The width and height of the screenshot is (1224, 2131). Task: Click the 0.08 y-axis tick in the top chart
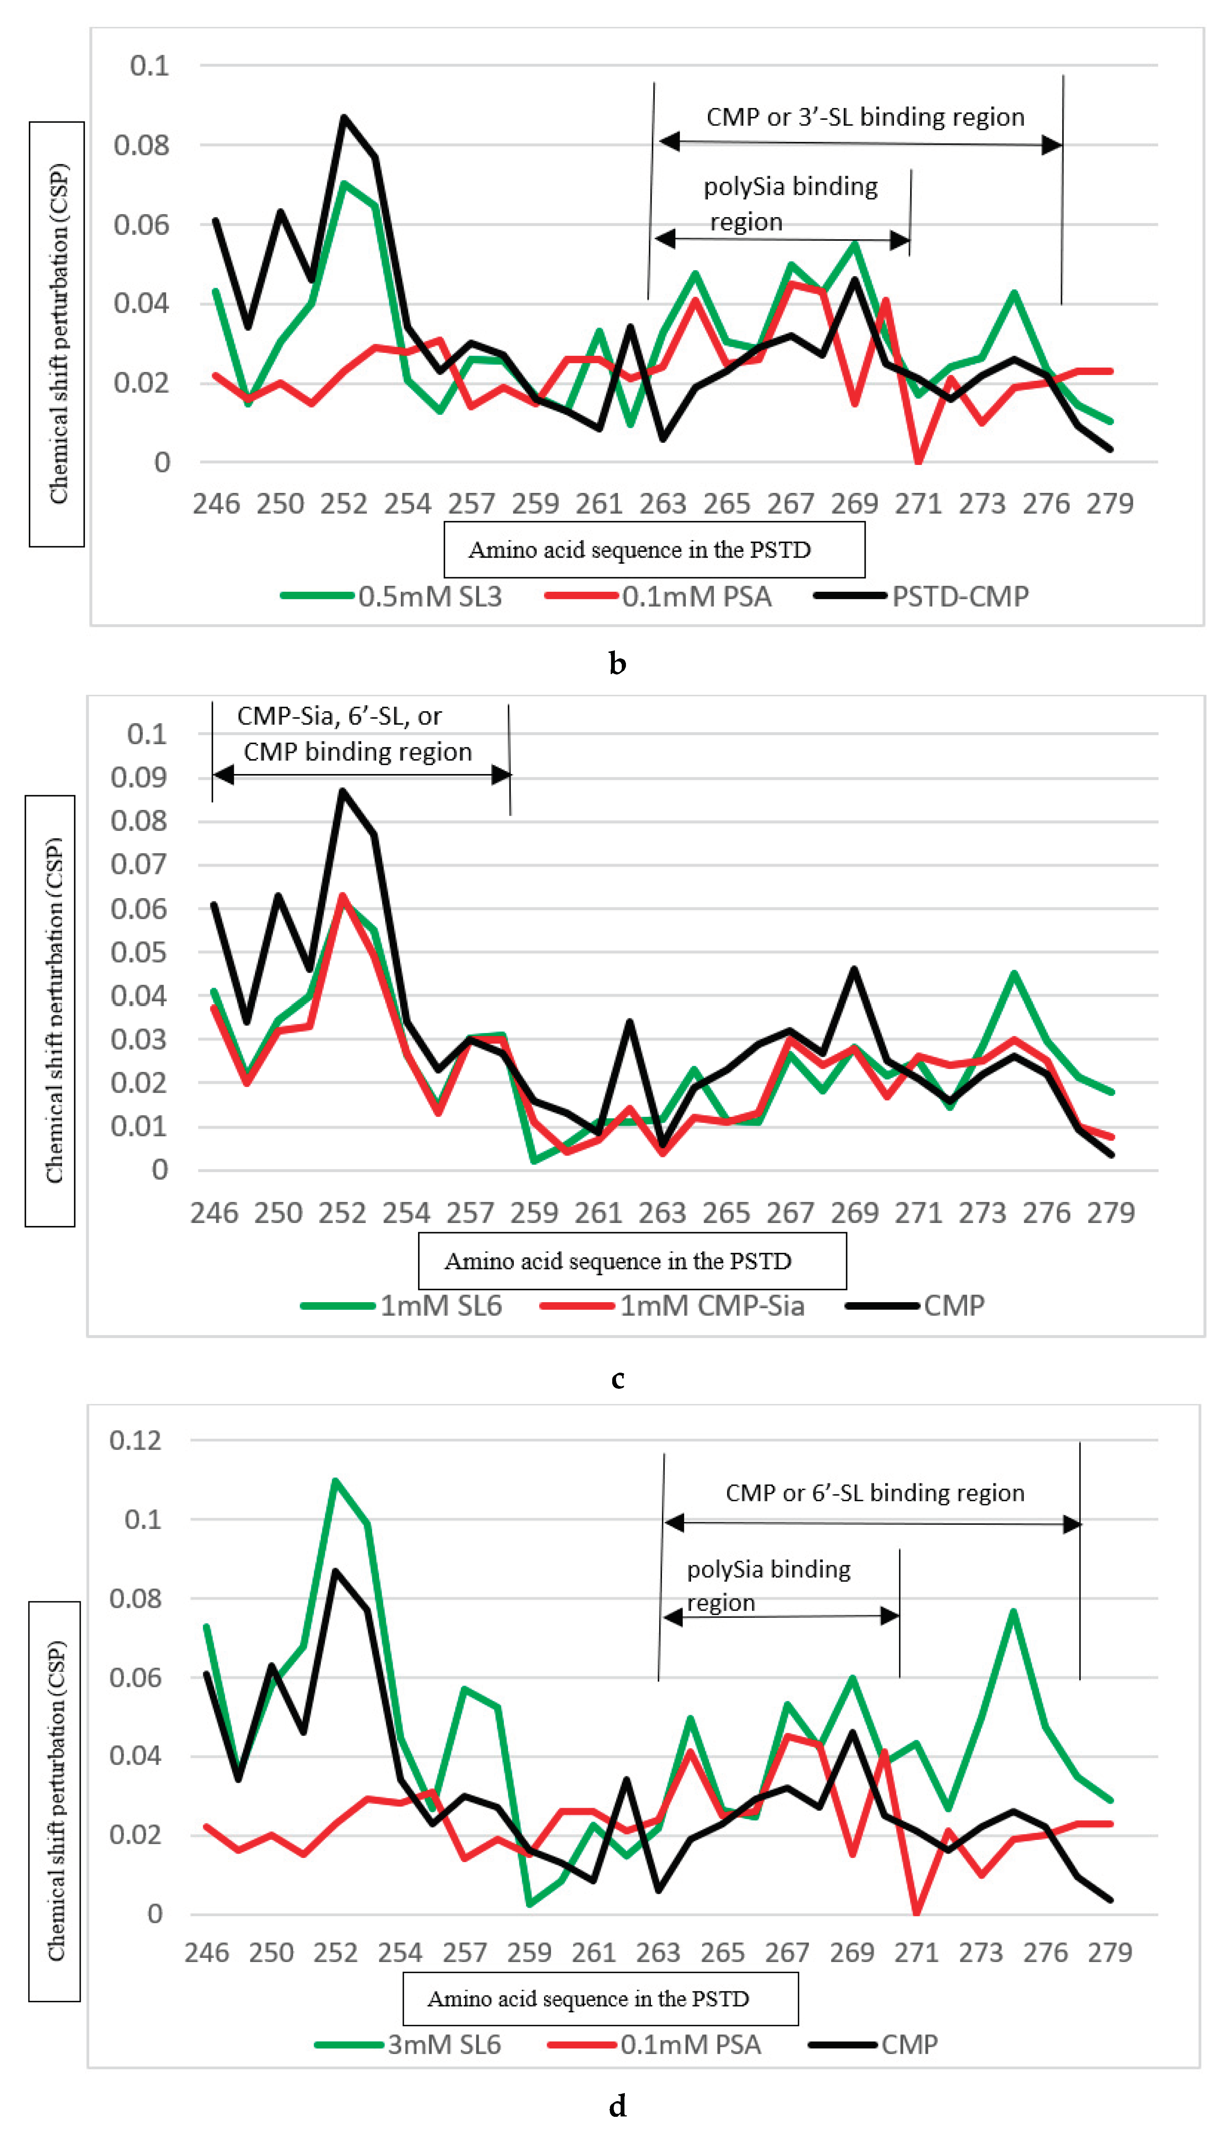point(141,146)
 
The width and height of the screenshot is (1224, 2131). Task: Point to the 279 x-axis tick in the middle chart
point(1111,1213)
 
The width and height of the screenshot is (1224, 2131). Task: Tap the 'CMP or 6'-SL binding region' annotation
point(874,1493)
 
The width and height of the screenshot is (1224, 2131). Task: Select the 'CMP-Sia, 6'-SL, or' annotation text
point(339,716)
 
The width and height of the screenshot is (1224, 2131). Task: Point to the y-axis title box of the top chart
point(57,334)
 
